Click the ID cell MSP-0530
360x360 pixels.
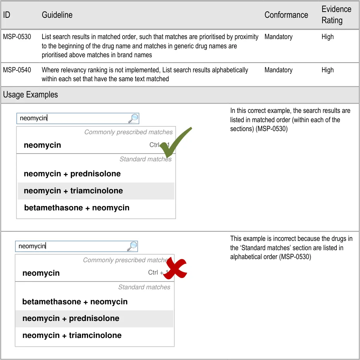(x=17, y=37)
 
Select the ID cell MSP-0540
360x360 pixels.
(x=17, y=70)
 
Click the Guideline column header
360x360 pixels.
(x=57, y=15)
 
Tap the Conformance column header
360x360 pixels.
(x=286, y=15)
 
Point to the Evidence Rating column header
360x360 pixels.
(x=336, y=15)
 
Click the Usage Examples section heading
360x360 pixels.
(x=31, y=95)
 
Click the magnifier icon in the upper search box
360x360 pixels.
(x=133, y=118)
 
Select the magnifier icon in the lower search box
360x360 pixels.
(x=132, y=246)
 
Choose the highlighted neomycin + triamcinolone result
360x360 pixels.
(x=73, y=191)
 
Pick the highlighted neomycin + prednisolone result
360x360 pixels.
(x=71, y=319)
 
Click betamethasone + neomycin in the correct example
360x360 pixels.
(x=77, y=208)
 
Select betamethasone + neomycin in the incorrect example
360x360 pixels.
(x=75, y=302)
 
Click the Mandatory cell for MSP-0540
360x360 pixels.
(x=278, y=70)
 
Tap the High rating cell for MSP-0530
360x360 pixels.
(x=328, y=37)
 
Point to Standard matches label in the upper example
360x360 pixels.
(x=145, y=159)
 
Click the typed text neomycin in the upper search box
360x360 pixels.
(x=33, y=118)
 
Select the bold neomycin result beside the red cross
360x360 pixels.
(x=41, y=273)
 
